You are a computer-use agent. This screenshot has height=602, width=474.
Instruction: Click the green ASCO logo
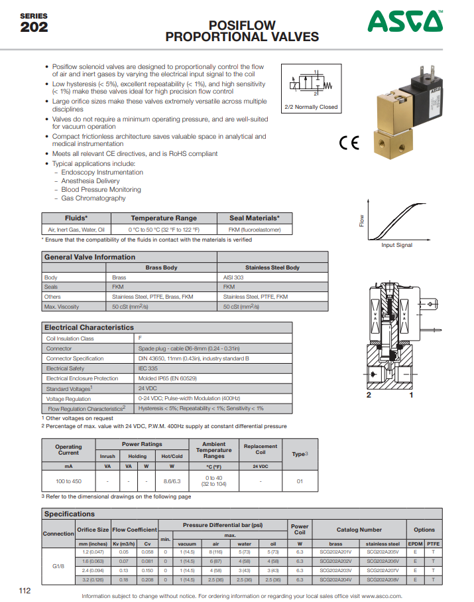[x=406, y=22]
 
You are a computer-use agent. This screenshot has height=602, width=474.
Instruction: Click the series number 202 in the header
[x=34, y=27]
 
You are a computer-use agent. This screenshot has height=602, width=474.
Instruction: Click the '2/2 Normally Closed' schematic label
[x=311, y=107]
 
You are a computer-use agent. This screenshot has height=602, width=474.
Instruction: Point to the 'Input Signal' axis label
[x=396, y=245]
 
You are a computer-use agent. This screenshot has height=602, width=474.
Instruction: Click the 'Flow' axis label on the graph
[x=362, y=220]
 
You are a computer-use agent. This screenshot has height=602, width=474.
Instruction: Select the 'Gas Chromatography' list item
[x=93, y=198]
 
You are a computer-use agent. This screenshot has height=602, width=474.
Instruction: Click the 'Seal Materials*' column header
[x=255, y=218]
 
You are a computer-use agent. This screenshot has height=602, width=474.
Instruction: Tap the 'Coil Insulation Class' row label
[x=70, y=339]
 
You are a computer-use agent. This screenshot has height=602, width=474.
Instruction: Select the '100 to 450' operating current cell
[x=68, y=481]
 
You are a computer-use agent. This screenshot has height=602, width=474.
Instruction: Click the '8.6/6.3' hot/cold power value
[x=172, y=481]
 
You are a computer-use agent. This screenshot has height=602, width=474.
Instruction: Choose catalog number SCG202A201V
[x=335, y=552]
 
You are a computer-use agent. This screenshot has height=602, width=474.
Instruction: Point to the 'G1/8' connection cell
[x=58, y=565]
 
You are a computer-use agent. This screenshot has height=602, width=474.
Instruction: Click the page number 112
[x=25, y=590]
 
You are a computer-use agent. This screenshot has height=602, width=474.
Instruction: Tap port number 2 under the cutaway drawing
[x=368, y=396]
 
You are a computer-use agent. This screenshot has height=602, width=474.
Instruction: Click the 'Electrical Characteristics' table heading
[x=89, y=327]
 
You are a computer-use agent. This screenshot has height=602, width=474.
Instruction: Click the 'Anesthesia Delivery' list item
[x=90, y=181]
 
